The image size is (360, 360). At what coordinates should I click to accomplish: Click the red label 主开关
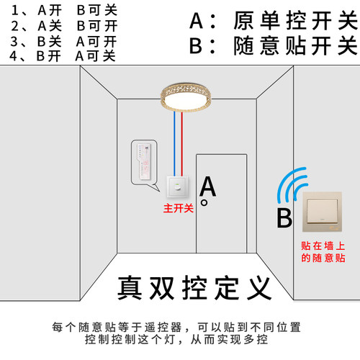[x=179, y=209]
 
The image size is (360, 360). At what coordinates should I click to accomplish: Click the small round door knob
[x=204, y=203]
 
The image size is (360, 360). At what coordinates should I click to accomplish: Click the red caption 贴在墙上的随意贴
[x=323, y=251]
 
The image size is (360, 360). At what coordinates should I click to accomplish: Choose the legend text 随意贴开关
[x=295, y=46]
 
